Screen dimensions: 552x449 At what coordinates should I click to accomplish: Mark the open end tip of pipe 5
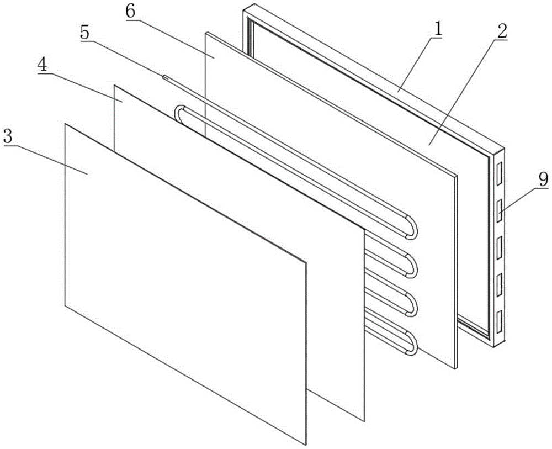[x=164, y=77]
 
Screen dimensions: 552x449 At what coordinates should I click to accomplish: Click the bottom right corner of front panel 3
[x=305, y=443]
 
